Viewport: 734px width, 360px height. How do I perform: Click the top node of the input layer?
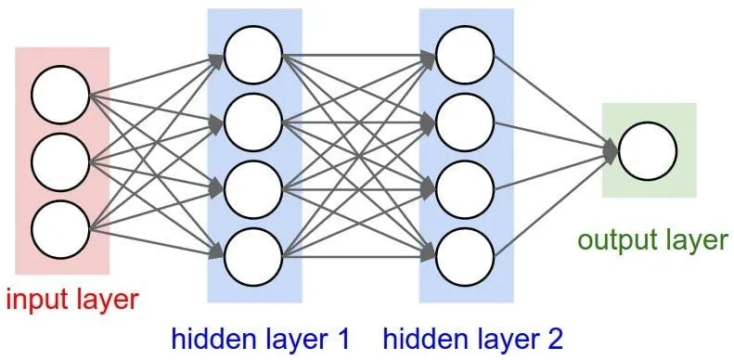point(59,96)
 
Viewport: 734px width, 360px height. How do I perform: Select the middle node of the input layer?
point(59,161)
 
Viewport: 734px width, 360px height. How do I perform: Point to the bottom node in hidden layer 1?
point(252,251)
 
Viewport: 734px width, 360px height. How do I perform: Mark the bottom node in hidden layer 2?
point(464,251)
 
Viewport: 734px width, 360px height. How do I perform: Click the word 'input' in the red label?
point(36,301)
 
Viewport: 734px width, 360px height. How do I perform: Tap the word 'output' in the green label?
point(613,241)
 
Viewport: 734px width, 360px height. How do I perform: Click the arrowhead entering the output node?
point(610,150)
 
